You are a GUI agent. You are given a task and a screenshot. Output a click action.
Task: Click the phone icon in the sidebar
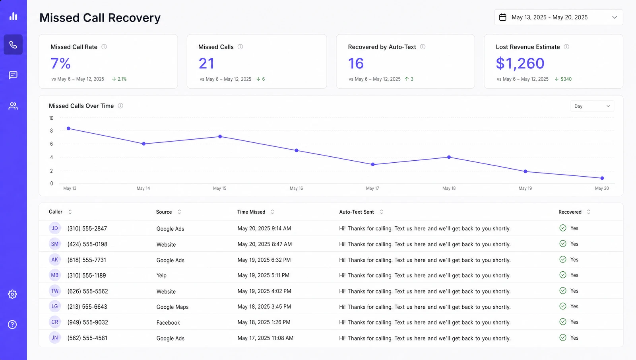tap(13, 45)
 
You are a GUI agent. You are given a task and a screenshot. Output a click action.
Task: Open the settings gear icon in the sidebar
tap(12, 294)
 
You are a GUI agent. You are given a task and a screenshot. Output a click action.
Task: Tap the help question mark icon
tap(12, 325)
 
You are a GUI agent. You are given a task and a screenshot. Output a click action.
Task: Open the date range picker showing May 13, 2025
tap(558, 18)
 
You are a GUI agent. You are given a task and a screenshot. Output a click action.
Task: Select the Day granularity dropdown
tap(592, 106)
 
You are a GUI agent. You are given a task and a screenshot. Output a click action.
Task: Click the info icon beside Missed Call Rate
tap(104, 47)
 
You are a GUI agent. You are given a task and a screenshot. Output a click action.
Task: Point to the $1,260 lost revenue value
tap(520, 63)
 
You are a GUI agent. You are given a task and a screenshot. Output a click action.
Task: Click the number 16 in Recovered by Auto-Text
tap(356, 63)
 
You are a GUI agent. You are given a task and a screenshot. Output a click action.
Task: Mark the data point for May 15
tap(220, 137)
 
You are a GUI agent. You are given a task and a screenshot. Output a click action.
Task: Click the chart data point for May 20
tap(602, 178)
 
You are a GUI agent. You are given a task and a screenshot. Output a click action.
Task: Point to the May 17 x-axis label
tap(372, 188)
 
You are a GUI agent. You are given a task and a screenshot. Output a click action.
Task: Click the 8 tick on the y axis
tap(51, 131)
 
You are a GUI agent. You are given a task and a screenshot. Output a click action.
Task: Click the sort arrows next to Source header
tap(179, 212)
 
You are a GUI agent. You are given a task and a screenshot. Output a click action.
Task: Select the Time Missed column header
tap(251, 212)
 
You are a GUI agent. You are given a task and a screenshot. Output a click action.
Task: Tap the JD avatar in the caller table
tap(54, 228)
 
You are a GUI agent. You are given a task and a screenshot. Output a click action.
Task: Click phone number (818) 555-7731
tap(87, 260)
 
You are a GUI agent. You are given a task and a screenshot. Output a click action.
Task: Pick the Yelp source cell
tap(161, 275)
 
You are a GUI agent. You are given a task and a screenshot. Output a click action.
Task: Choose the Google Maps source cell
tap(173, 307)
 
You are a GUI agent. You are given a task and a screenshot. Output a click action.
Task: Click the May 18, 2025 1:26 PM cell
tap(264, 322)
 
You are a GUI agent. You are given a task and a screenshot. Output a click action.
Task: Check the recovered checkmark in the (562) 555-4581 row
tap(563, 338)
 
